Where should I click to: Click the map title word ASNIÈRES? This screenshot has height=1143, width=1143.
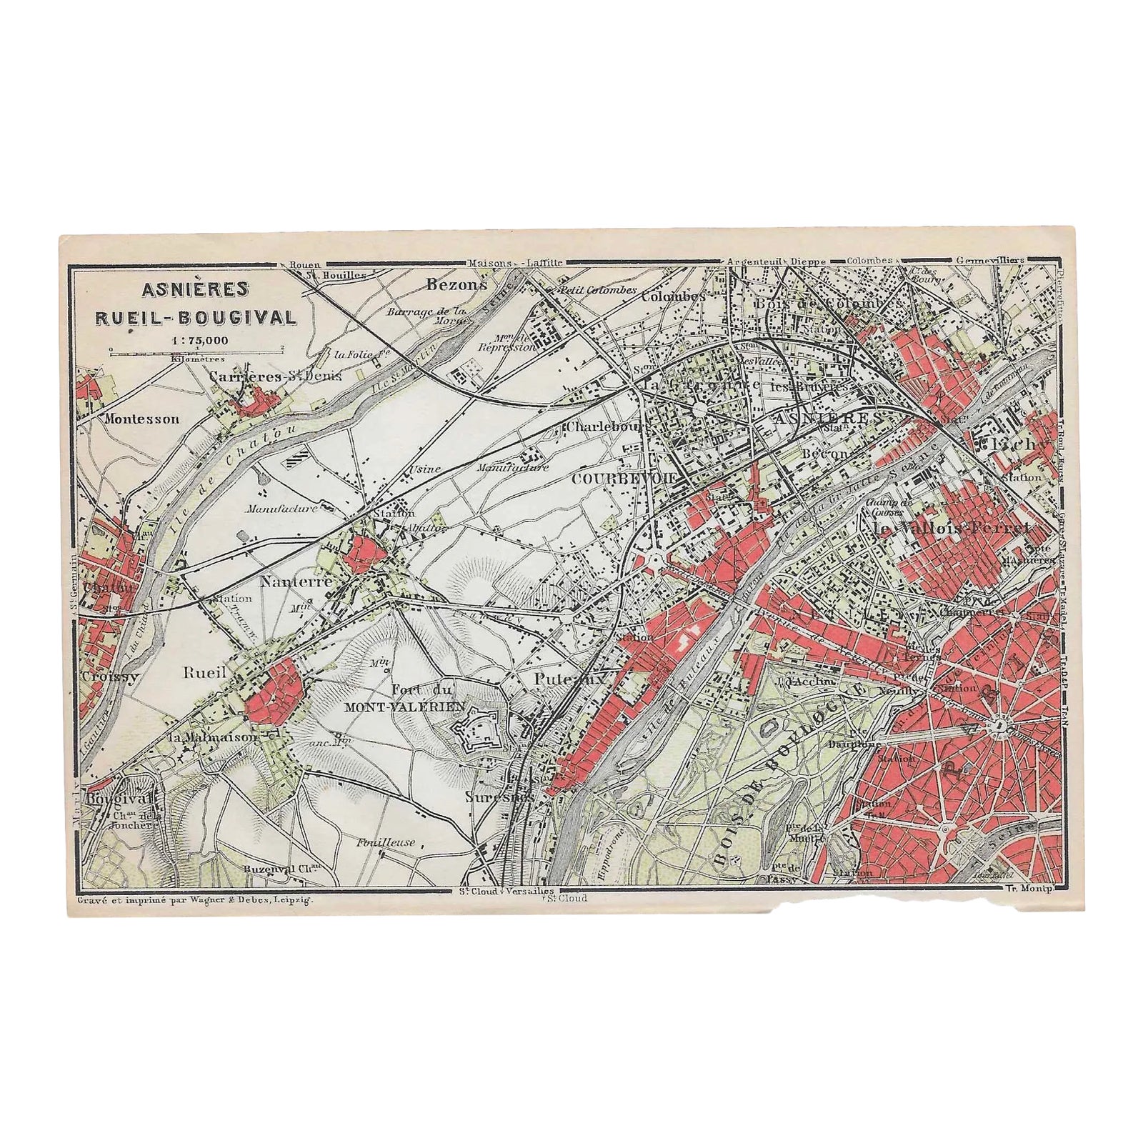[x=195, y=289]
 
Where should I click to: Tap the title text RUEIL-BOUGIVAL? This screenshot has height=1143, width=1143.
[x=195, y=316]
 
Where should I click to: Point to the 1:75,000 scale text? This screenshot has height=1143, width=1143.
[x=195, y=339]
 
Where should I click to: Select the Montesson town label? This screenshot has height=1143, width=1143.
[x=141, y=419]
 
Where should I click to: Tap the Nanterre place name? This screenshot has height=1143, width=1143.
[x=296, y=582]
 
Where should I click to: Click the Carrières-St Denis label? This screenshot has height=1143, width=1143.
[x=275, y=375]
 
